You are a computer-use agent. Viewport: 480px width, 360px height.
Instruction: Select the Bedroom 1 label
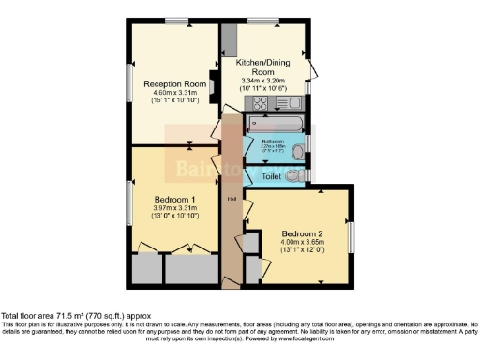(173, 199)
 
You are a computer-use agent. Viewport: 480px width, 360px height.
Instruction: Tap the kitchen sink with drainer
(288, 102)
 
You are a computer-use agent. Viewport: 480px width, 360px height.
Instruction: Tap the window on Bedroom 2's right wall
(353, 237)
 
